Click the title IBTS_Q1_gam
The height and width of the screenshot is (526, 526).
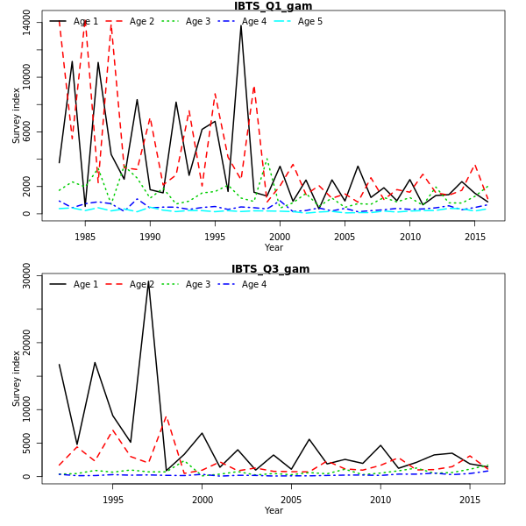273,6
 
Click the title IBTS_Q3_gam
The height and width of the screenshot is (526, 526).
270,269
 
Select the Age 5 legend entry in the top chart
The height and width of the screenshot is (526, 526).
309,21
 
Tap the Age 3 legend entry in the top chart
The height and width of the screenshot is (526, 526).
197,21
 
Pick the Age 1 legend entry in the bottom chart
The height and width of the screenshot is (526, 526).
85,284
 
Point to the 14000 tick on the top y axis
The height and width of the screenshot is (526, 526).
27,23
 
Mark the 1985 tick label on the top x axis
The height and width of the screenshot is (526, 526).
85,237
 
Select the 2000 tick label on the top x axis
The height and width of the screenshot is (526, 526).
280,237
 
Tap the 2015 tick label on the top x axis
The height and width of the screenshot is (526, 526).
475,237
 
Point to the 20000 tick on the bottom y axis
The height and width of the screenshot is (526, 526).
27,343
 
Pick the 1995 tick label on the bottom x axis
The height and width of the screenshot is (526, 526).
113,500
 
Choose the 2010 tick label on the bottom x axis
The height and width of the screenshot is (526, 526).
380,500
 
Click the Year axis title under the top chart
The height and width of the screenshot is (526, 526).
274,247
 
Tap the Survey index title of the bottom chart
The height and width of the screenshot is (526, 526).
17,379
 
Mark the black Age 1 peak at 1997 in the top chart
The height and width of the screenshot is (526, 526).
241,25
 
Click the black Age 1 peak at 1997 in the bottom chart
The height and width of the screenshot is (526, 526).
149,282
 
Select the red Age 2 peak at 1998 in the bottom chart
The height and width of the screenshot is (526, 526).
167,416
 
